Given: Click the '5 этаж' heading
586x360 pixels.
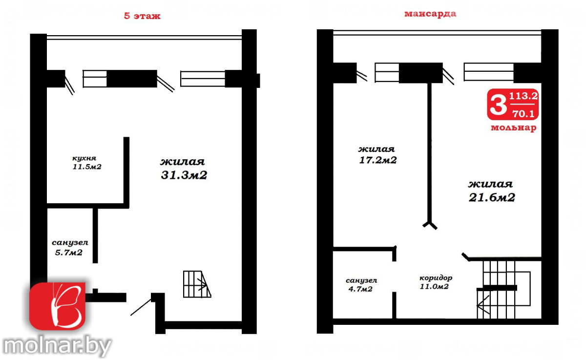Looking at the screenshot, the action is point(142,16).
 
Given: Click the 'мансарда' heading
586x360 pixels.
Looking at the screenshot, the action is point(430,14).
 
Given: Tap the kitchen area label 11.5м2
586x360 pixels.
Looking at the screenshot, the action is point(87,167).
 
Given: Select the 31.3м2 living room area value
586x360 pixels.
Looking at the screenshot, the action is point(184,175).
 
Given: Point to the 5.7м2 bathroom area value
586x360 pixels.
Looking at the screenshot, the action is point(68,253).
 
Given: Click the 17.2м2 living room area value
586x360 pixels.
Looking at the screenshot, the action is point(378,160).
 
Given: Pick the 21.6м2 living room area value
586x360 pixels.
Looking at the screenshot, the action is point(492,197).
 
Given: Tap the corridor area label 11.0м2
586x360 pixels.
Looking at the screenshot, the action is point(434,286).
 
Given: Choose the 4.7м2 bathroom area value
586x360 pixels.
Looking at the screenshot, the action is point(360,289).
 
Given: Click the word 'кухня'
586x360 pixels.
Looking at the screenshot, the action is point(84,158).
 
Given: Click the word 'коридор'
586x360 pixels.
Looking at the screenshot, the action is point(436,278).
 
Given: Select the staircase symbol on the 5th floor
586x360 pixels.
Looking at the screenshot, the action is point(197,284).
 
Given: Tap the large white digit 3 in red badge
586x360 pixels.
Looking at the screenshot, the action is point(499,105).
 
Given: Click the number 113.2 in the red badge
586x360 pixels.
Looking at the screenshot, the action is point(523,96).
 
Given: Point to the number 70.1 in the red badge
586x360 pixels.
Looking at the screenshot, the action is point(523,113).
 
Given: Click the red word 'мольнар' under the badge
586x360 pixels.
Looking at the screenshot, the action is point(513,127).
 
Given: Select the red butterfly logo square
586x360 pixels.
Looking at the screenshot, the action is point(57,306).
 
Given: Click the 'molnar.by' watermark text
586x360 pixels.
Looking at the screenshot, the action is point(57,346).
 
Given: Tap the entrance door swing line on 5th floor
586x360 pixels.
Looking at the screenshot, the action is point(141,307).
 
